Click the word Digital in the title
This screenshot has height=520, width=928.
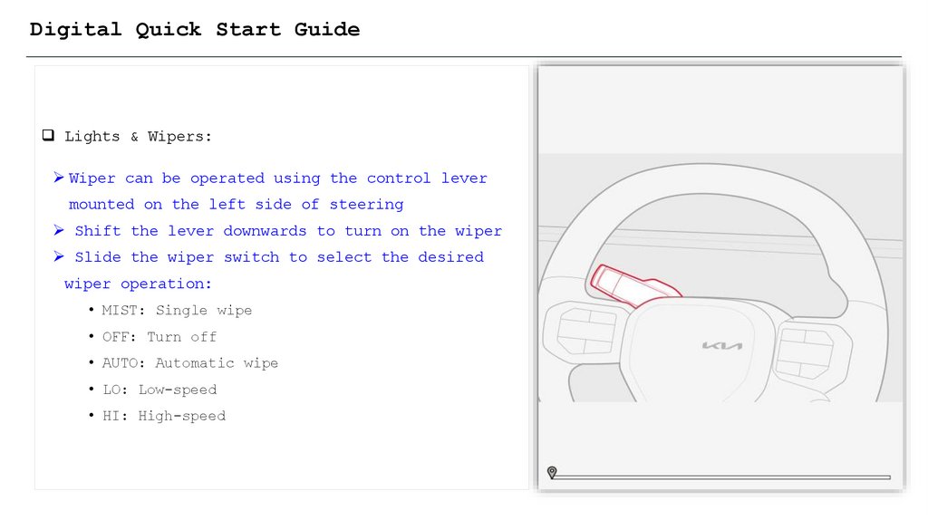(75, 30)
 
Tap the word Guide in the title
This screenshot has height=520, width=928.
(326, 29)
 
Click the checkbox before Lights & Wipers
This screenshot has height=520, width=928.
(48, 136)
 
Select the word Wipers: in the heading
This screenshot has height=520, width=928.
(179, 137)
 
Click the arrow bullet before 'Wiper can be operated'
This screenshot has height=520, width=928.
(59, 178)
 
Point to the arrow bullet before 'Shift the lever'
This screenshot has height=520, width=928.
(59, 230)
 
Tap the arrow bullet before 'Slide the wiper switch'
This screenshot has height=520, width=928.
(59, 256)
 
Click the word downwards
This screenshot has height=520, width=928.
(265, 231)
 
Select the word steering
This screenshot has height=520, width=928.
(366, 205)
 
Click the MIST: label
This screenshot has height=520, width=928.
(123, 310)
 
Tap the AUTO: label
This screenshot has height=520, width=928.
(123, 362)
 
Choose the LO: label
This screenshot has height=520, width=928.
(115, 390)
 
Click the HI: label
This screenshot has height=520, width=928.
(115, 416)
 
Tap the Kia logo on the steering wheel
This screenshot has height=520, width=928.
(721, 345)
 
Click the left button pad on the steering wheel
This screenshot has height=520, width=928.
(586, 331)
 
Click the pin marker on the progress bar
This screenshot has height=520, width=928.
(552, 472)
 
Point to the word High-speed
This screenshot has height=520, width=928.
(181, 417)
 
